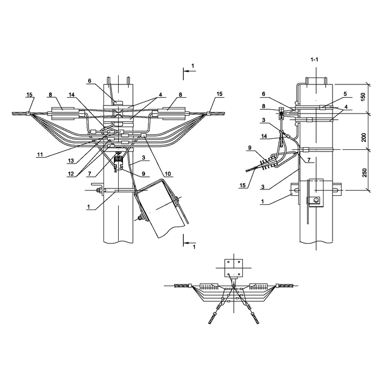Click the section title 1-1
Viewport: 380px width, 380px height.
(x=315, y=60)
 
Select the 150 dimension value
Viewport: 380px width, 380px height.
(x=363, y=97)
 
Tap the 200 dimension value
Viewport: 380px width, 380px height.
(x=364, y=137)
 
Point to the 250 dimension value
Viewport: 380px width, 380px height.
(x=364, y=173)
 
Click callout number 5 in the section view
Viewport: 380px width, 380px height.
(x=345, y=94)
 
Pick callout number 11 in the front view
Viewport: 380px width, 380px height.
(x=40, y=154)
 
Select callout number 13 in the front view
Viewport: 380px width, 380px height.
(x=71, y=160)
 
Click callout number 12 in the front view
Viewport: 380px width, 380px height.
(x=71, y=174)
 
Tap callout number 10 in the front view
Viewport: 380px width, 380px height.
(x=168, y=174)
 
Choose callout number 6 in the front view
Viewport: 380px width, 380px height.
(x=90, y=81)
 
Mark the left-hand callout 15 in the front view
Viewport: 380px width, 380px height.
(x=30, y=94)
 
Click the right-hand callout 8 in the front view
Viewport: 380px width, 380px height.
(x=180, y=94)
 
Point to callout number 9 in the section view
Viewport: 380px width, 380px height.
(x=250, y=148)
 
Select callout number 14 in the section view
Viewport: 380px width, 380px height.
(x=264, y=136)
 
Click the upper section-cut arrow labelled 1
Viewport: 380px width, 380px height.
(x=190, y=71)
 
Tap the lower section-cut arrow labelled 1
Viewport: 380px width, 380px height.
(x=190, y=243)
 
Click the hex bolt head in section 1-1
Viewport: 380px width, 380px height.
(x=316, y=200)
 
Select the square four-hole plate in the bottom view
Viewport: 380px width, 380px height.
(x=233, y=268)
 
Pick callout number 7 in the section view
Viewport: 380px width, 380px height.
(x=309, y=160)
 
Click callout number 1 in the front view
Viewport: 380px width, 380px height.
(x=89, y=207)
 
